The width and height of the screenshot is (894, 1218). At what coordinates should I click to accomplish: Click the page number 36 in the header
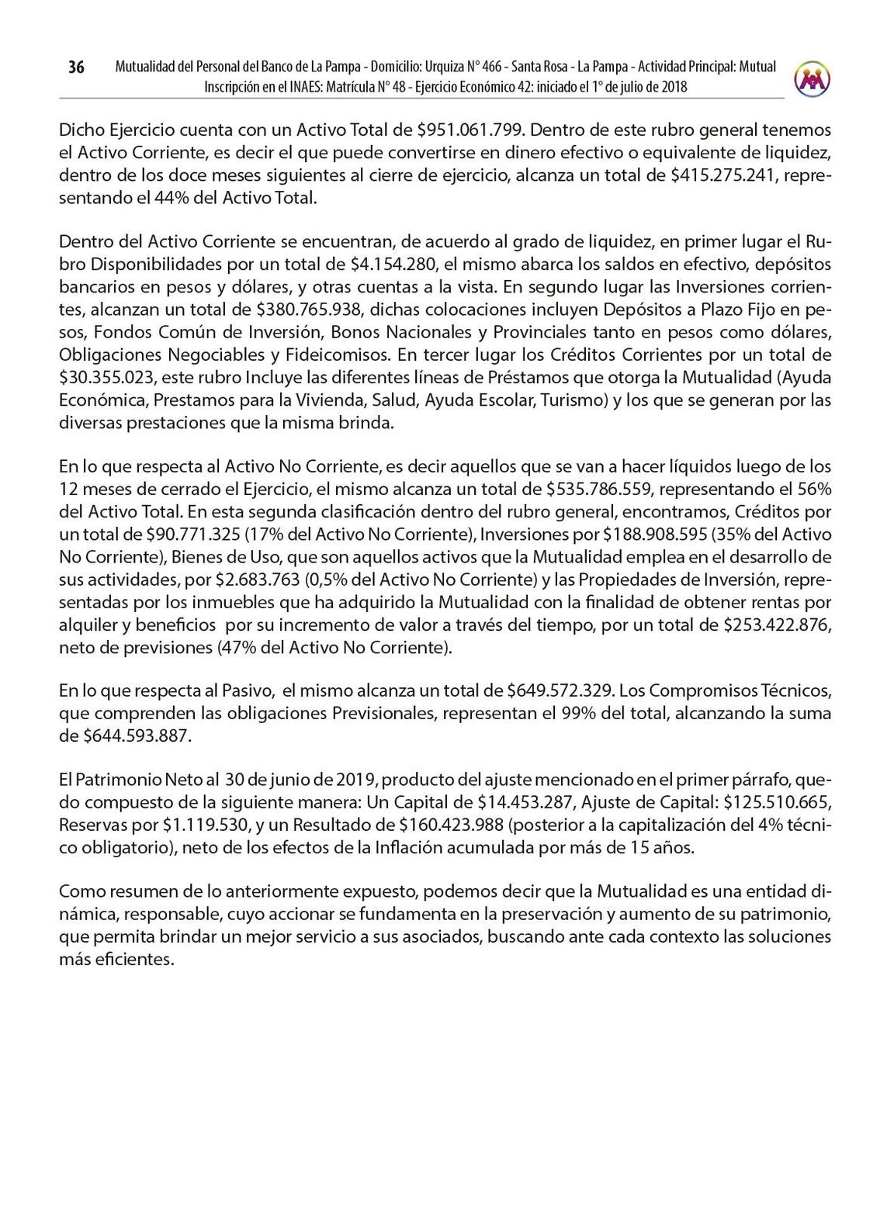(x=75, y=67)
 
